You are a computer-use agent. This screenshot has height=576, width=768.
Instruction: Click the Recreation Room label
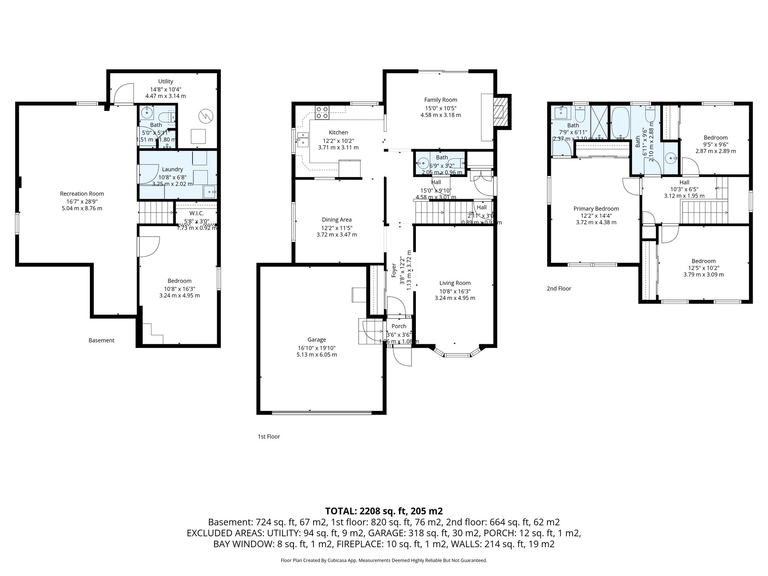pos(82,193)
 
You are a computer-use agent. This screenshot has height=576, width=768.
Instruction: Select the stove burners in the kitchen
pos(322,112)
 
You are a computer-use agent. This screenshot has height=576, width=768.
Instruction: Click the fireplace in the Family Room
pos(499,112)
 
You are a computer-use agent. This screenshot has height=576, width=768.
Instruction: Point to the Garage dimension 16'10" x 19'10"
pos(316,348)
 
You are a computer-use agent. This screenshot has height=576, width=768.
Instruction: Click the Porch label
pos(399,326)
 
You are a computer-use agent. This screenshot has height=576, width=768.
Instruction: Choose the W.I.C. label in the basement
pos(196,213)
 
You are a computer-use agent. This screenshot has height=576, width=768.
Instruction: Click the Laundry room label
pos(172,169)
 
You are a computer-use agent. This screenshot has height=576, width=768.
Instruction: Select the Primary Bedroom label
pos(596,208)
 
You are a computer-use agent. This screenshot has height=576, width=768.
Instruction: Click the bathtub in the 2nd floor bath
pos(619,123)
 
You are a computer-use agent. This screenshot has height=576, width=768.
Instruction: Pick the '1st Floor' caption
pos(268,436)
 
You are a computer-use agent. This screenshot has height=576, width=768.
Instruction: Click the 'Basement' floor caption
pos(101,340)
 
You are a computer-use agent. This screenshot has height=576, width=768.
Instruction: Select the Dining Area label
pos(336,220)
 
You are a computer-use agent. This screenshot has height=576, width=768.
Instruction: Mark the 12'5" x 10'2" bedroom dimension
pos(703,268)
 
